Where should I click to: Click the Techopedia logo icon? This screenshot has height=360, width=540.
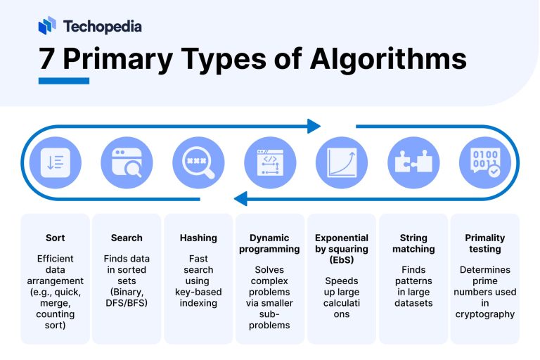pyautogui.click(x=47, y=25)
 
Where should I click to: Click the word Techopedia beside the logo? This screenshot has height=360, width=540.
pyautogui.click(x=102, y=27)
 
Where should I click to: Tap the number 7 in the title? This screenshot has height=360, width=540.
pyautogui.click(x=46, y=58)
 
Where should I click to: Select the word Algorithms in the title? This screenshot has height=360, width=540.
pyautogui.click(x=388, y=60)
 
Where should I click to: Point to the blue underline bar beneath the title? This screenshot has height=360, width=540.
pyautogui.click(x=64, y=81)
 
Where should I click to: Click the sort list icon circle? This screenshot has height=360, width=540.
pyautogui.click(x=55, y=162)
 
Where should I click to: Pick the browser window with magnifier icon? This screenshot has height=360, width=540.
pyautogui.click(x=127, y=162)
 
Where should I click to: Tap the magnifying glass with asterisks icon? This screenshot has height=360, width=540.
pyautogui.click(x=198, y=162)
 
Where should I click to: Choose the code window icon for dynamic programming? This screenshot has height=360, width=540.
pyautogui.click(x=270, y=162)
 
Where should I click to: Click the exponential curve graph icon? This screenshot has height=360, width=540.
pyautogui.click(x=342, y=162)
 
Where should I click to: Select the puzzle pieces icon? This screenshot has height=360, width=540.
pyautogui.click(x=413, y=162)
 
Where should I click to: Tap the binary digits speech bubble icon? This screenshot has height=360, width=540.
pyautogui.click(x=485, y=162)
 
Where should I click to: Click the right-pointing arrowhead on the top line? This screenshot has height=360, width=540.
pyautogui.click(x=314, y=126)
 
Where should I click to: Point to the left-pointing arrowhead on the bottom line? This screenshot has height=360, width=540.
pyautogui.click(x=240, y=199)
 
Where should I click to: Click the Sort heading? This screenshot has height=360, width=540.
pyautogui.click(x=55, y=238)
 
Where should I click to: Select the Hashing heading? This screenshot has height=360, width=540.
pyautogui.click(x=198, y=238)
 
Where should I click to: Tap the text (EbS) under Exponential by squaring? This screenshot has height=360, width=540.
pyautogui.click(x=342, y=259)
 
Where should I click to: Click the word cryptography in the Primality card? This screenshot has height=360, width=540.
pyautogui.click(x=485, y=314)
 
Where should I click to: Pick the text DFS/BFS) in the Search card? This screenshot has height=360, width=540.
pyautogui.click(x=127, y=303)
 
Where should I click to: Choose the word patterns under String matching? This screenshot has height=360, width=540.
pyautogui.click(x=413, y=281)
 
